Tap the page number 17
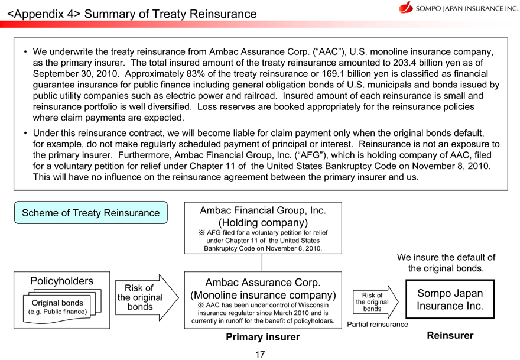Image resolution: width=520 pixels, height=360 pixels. click(x=260, y=354)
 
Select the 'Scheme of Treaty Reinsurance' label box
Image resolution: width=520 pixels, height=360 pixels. click(x=90, y=213)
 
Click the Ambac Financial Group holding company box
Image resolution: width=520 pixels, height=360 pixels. click(x=262, y=228)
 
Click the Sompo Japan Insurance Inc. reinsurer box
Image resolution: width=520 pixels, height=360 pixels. click(x=450, y=300)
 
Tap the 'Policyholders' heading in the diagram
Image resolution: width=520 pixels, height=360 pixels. click(x=61, y=281)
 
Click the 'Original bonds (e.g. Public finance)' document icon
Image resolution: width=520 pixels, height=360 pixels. click(x=57, y=307)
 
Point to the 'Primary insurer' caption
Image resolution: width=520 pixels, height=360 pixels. click(x=262, y=337)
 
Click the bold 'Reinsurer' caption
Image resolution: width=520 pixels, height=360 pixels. click(x=450, y=336)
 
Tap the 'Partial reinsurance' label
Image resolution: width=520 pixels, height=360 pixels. click(x=377, y=324)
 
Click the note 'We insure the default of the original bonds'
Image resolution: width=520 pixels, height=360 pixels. click(x=446, y=262)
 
